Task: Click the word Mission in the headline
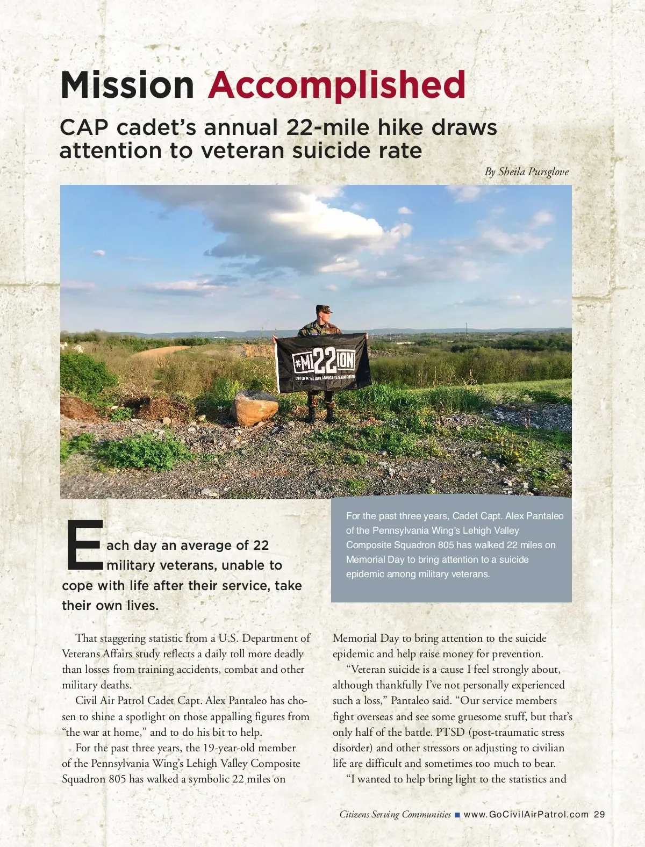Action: pos(127,85)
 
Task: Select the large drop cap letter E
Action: pos(84,545)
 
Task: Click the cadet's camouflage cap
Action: pos(324,309)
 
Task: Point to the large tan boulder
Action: pos(254,408)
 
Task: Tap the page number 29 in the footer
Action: pos(599,814)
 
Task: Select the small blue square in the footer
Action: pos(457,815)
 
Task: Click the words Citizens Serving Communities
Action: pos(395,814)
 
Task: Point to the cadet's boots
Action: pos(320,415)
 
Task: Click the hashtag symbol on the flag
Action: pos(298,362)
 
